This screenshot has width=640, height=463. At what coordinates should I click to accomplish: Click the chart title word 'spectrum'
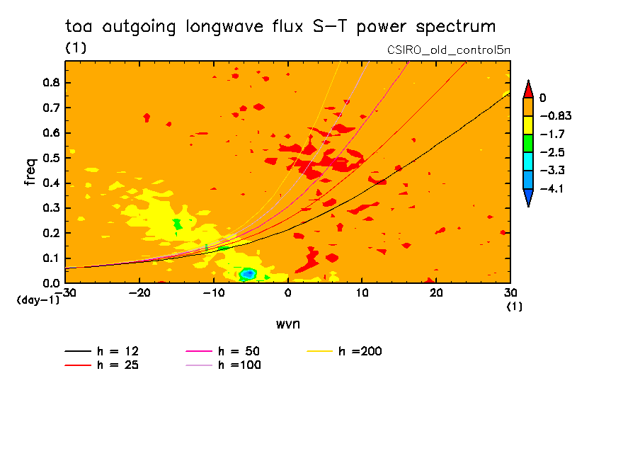[459, 28]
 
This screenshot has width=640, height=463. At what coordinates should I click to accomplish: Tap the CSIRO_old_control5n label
[448, 50]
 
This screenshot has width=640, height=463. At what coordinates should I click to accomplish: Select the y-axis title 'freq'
[30, 172]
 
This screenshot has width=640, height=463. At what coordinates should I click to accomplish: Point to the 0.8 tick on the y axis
[52, 83]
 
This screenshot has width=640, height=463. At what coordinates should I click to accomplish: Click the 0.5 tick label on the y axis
[52, 158]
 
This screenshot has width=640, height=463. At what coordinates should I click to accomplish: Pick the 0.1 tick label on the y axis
[52, 258]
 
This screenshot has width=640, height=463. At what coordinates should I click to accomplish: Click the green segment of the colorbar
[527, 143]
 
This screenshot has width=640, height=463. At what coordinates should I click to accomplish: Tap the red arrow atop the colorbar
[527, 89]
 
